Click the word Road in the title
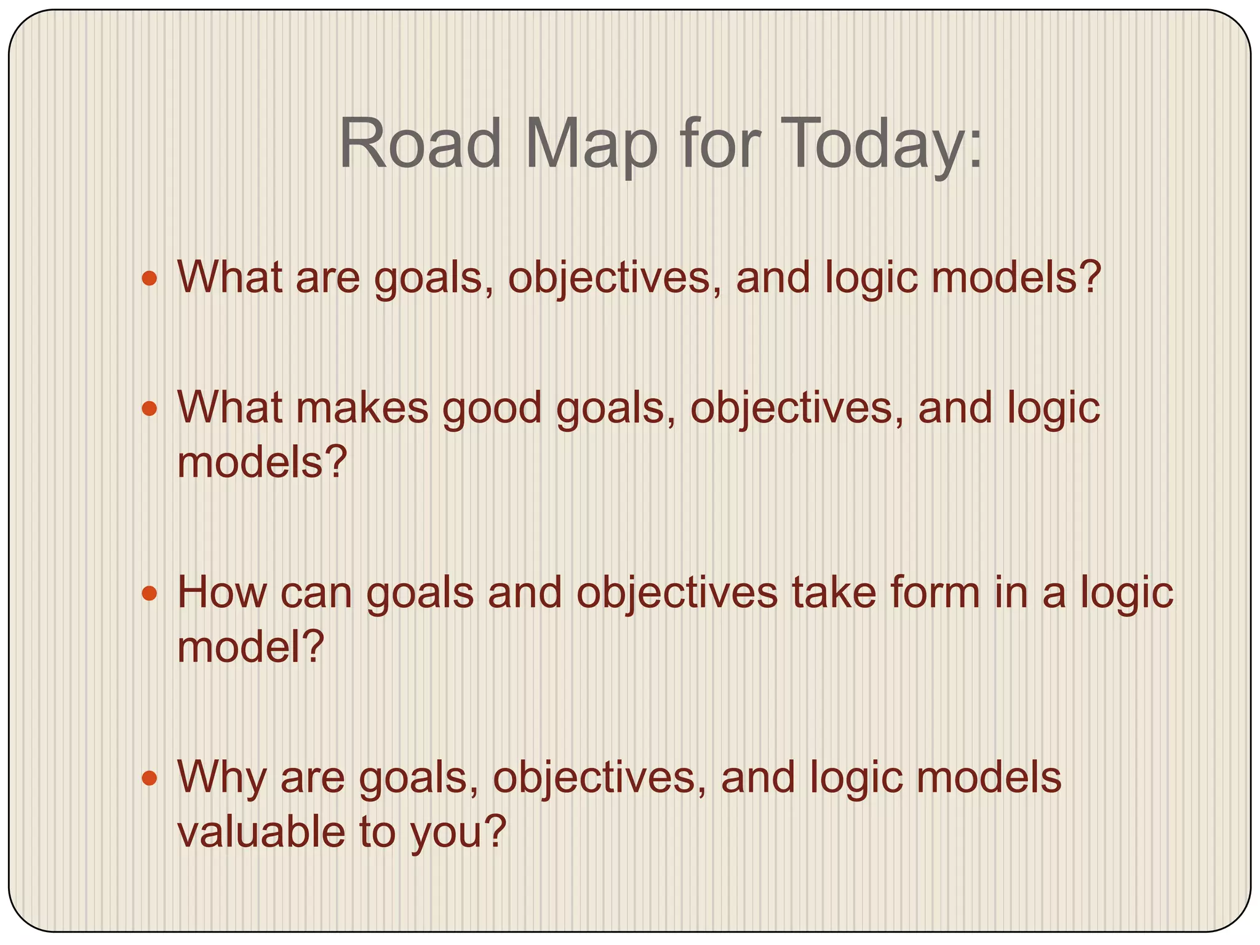click(x=421, y=145)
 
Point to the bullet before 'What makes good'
click(x=150, y=409)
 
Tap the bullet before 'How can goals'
click(x=150, y=594)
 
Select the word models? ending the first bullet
click(x=1015, y=278)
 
